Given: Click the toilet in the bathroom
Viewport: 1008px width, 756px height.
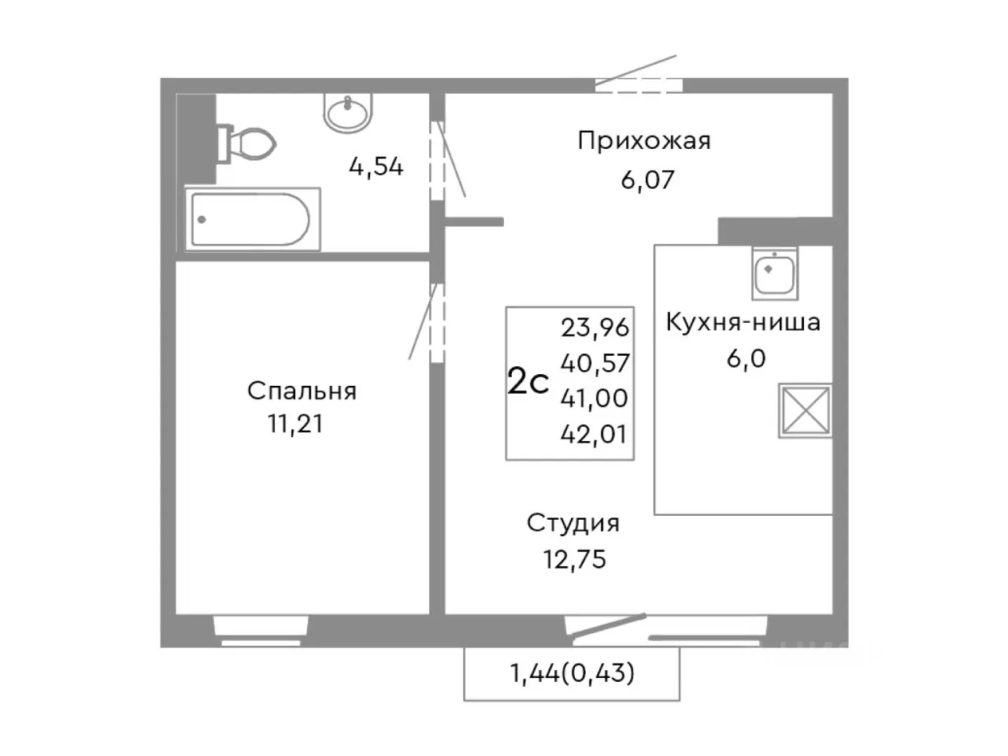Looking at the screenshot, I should [x=248, y=143].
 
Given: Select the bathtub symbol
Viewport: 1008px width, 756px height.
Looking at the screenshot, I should [x=252, y=219].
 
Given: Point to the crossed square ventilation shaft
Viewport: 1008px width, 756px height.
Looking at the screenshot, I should [x=805, y=410].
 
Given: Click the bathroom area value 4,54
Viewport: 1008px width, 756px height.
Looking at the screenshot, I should [x=376, y=166].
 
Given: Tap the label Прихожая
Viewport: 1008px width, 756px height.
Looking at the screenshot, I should [x=643, y=141].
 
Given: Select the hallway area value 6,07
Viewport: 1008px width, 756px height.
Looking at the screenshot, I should [x=647, y=180].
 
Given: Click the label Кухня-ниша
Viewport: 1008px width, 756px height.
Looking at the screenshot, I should [x=743, y=322].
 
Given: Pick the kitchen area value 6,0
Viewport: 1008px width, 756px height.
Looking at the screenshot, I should [x=746, y=358].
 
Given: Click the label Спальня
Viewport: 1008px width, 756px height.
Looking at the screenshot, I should [x=302, y=391].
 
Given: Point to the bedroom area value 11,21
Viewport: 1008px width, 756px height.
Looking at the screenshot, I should [x=295, y=424].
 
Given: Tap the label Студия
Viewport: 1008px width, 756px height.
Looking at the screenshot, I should [x=573, y=523].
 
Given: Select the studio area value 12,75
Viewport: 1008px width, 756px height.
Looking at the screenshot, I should [x=574, y=559].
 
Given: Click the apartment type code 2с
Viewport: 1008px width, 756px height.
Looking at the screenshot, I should [x=528, y=383].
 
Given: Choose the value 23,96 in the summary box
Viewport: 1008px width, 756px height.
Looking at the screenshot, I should [x=595, y=326].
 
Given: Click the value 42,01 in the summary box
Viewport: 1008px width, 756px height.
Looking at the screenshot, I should [x=595, y=434].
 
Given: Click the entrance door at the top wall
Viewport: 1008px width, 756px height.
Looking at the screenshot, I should [x=638, y=84].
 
